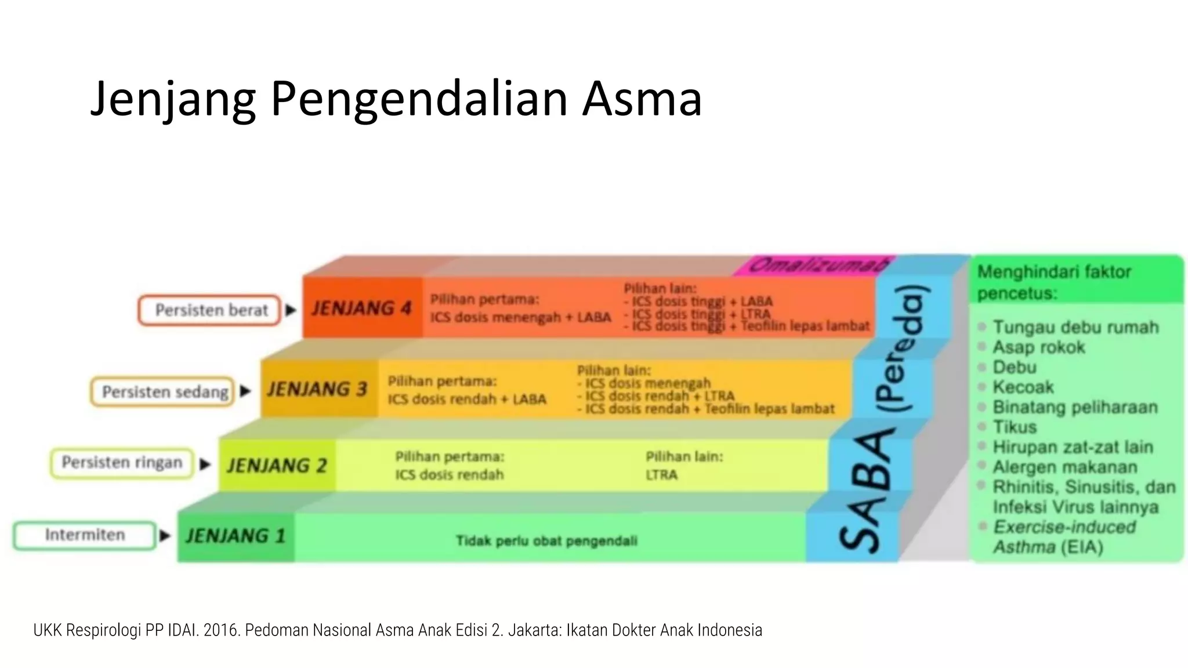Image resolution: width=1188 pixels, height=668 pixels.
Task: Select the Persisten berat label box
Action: coord(209,310)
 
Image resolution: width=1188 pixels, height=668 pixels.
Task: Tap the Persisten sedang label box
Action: coord(163,392)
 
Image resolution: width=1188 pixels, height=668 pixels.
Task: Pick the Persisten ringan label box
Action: coord(122,463)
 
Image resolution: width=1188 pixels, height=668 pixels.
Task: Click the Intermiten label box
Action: coord(85,535)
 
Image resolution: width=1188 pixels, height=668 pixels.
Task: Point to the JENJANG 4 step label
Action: coord(361,308)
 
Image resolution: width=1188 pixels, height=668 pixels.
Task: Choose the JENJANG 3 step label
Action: coord(317,389)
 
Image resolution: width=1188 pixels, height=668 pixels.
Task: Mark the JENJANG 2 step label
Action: coord(277,466)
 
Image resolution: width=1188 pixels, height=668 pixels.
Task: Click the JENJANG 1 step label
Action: coord(236,536)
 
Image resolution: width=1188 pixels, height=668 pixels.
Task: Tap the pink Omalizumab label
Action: coord(818,266)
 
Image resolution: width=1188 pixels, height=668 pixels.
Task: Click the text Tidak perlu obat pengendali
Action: coord(546,541)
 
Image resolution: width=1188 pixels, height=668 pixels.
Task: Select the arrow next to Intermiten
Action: coord(165,535)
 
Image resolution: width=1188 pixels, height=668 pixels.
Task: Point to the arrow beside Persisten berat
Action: coord(291,310)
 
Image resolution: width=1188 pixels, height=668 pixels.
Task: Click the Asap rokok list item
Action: coord(1038,347)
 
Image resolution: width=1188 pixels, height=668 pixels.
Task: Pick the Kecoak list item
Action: coord(1023,387)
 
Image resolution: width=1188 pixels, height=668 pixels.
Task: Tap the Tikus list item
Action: coord(1014,427)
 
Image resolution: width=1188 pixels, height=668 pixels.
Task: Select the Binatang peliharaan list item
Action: coord(1075,407)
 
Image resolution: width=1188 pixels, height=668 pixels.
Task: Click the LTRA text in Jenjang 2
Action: coord(661,475)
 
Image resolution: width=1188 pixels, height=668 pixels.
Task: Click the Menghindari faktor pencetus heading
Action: coord(1054,282)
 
